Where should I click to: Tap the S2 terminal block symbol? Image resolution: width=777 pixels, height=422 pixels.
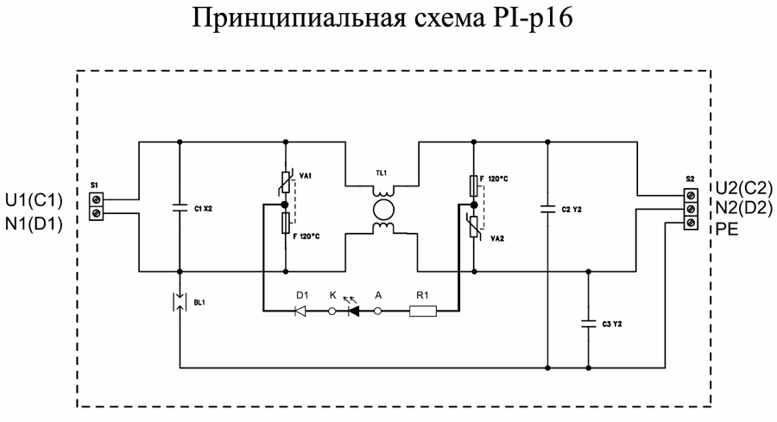(x=690, y=209)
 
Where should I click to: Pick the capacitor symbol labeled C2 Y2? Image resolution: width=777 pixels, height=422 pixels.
(x=548, y=207)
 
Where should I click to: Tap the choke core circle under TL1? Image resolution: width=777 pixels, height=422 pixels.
(x=381, y=209)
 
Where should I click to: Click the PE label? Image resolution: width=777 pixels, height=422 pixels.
(x=727, y=230)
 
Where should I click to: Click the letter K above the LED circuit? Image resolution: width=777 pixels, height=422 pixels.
(x=332, y=294)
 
